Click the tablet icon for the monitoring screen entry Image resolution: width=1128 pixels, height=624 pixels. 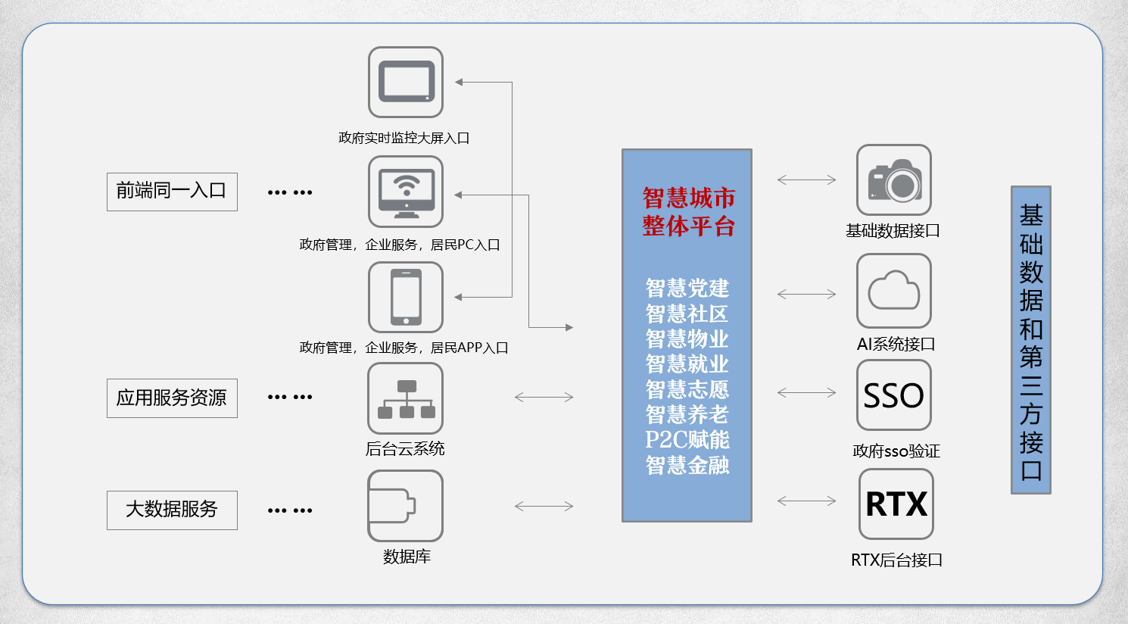[405, 82]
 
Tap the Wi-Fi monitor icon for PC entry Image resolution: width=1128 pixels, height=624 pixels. [405, 192]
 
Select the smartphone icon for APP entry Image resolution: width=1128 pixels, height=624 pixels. [405, 297]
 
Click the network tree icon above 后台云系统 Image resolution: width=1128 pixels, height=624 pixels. [405, 398]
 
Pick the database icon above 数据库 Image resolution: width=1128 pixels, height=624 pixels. [405, 505]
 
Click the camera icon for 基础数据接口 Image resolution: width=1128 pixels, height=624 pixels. [893, 180]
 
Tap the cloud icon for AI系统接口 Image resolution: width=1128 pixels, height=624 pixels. [893, 291]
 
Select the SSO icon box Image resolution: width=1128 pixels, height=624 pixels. [893, 395]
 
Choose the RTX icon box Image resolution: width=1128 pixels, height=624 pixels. [896, 504]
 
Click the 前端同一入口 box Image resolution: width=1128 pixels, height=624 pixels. [172, 192]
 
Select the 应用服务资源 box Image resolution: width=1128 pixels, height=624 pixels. [172, 398]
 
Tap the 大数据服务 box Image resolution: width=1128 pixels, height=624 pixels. [172, 510]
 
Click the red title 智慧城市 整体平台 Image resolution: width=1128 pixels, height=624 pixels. [688, 212]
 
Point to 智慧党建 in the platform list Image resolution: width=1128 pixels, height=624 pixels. [687, 289]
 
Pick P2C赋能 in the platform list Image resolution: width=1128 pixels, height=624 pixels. [687, 440]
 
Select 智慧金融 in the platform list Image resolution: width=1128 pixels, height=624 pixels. [687, 465]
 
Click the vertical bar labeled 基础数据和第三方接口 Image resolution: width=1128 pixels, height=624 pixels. [1030, 340]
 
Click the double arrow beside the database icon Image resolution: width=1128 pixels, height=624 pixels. [544, 506]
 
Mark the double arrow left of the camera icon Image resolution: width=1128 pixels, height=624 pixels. [806, 179]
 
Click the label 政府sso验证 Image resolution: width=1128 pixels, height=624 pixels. [896, 451]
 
